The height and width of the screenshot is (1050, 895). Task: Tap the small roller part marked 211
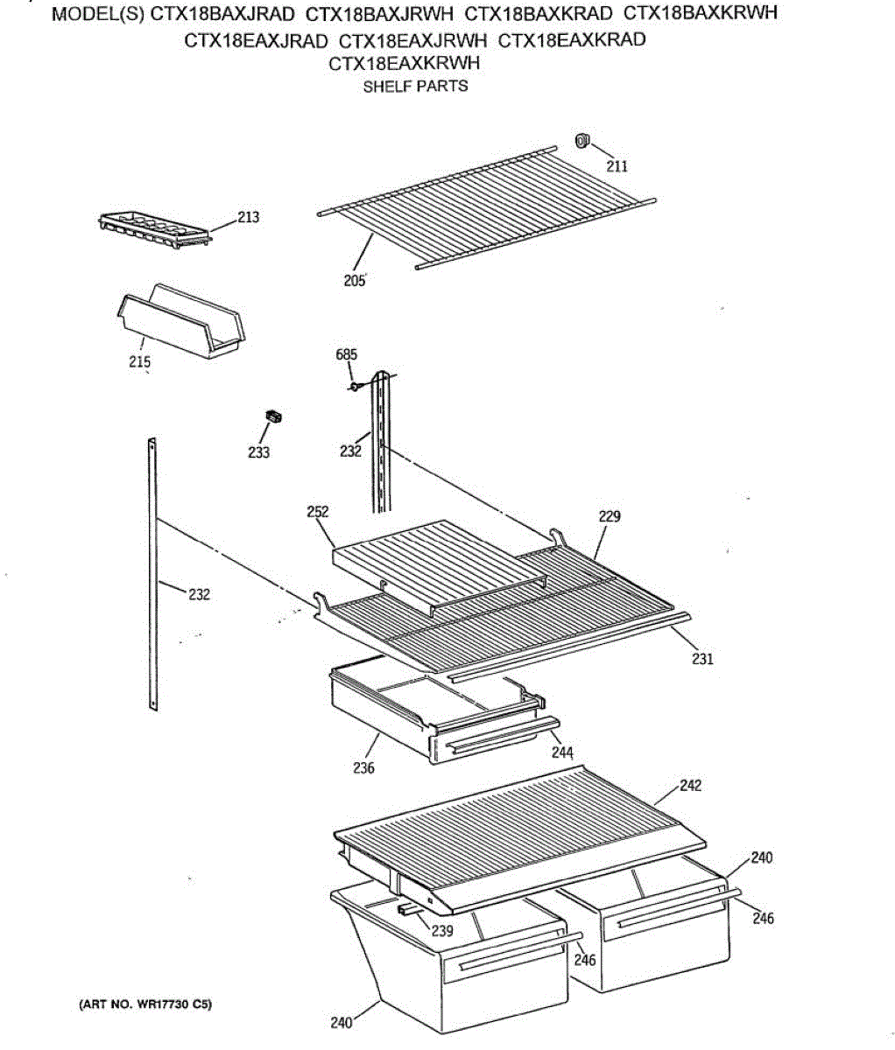(581, 140)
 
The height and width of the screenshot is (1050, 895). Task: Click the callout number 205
(355, 282)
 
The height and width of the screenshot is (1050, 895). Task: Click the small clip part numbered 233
(277, 416)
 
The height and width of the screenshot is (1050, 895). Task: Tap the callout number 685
(347, 355)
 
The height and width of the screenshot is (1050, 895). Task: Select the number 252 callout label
(318, 513)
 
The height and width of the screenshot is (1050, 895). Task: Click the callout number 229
(610, 516)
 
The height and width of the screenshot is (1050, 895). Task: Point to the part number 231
(702, 659)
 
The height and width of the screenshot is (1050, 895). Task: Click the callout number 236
(363, 767)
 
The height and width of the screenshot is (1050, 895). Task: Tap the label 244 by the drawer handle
(562, 752)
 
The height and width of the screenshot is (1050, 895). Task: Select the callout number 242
(690, 786)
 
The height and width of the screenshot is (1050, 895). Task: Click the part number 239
(442, 931)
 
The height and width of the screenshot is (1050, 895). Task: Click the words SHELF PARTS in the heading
(415, 86)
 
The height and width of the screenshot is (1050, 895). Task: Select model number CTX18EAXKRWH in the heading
(404, 63)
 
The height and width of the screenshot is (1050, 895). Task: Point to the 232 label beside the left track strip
(199, 595)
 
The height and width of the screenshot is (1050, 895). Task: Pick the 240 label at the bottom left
(342, 1022)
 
